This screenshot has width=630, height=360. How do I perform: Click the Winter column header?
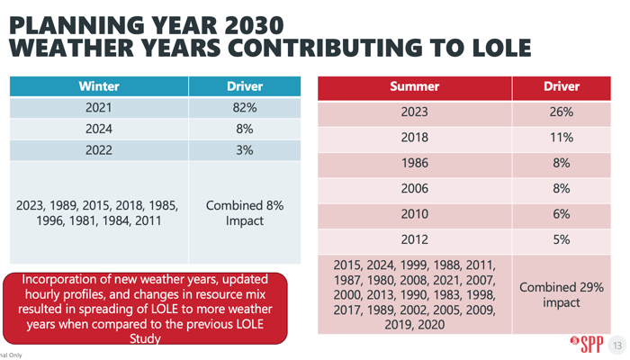point(99,86)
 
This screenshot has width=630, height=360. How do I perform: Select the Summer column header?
point(414,87)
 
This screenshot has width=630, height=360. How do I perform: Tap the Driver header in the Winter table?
point(245,86)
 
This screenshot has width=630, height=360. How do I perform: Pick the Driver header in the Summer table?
point(561,87)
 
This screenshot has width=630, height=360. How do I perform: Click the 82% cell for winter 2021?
point(245,108)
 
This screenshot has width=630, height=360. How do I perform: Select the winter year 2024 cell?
point(99,129)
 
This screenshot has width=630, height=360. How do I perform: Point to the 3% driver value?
point(245,149)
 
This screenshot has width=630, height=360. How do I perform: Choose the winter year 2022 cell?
point(99,149)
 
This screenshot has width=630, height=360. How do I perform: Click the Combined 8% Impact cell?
point(245,212)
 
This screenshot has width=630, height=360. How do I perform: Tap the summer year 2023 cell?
point(414,112)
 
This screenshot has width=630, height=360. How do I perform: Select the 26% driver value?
point(561,112)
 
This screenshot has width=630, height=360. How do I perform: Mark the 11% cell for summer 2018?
point(561,138)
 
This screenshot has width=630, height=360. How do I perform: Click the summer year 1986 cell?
point(414,164)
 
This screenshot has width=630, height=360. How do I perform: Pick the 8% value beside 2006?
point(561,189)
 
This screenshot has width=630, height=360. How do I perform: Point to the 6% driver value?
point(561,215)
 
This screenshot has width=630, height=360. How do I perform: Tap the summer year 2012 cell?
point(414,240)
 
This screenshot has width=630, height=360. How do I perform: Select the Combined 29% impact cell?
point(561,293)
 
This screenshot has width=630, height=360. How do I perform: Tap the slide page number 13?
point(616,346)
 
